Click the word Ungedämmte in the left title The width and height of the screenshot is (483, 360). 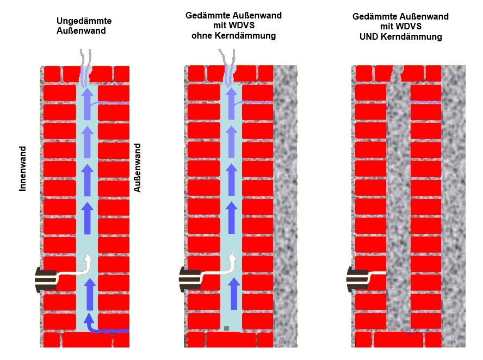coord(84,21)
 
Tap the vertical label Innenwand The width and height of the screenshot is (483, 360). coord(23,169)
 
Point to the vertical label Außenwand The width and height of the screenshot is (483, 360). coord(137,168)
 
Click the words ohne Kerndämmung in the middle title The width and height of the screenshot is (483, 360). coord(233,36)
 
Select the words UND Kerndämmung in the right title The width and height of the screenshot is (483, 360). coord(400,36)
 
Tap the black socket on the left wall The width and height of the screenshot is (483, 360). coord(46,280)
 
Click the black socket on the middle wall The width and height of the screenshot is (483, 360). coord(190,280)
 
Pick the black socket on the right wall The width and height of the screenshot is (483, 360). coord(357,280)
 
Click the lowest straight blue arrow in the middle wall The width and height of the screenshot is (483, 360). coord(234,294)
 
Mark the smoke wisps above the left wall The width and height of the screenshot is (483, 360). coord(85,66)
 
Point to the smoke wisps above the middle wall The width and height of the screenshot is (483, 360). coord(228,66)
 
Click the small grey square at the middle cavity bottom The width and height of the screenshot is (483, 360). coord(227,328)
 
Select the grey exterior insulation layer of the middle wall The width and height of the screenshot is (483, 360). coord(286,206)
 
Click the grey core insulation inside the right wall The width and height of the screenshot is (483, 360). coord(398,206)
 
